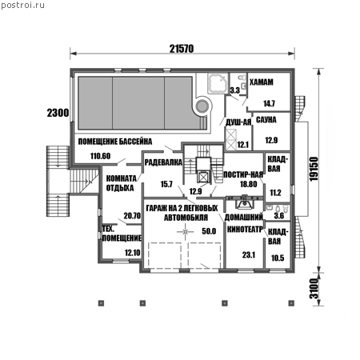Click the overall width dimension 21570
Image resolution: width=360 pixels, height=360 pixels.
(182, 49)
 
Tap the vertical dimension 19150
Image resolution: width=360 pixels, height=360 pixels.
(314, 169)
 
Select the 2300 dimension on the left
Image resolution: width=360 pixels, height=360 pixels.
(58, 113)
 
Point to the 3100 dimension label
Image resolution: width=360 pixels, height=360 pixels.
(314, 289)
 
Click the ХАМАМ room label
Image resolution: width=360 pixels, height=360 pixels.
(262, 82)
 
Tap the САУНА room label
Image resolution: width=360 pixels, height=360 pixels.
(266, 120)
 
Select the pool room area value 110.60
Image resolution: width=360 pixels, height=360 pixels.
(100, 156)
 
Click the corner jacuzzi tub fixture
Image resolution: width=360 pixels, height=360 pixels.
(217, 83)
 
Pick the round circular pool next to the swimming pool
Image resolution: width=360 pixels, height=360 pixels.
(203, 106)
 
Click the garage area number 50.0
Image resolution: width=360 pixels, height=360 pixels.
(209, 231)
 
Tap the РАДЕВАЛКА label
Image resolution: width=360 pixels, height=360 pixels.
(163, 162)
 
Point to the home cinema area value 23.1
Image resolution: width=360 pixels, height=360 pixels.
(249, 255)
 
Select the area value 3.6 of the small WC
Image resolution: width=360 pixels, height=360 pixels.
(279, 215)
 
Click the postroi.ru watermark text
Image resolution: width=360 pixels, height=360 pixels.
(22, 6)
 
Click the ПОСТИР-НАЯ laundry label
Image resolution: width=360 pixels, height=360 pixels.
(243, 174)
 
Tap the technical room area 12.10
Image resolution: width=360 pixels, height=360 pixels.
(133, 253)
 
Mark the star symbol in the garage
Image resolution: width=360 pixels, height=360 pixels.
(186, 231)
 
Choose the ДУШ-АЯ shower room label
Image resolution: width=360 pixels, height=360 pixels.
(238, 122)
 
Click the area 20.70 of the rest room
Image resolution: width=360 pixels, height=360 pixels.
(132, 215)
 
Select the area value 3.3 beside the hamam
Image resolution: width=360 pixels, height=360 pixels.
(235, 90)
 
